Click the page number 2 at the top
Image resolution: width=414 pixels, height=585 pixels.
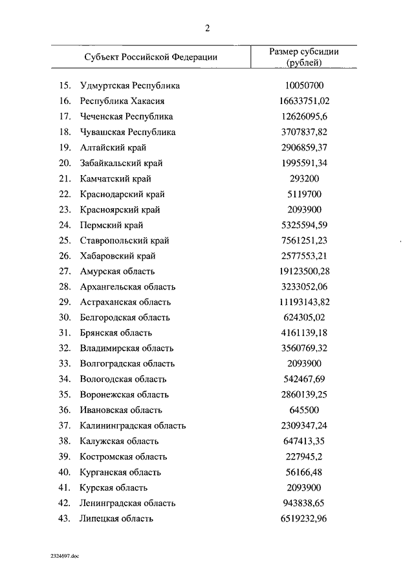pyautogui.click(x=207, y=28)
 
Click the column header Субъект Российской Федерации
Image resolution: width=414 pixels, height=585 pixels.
pyautogui.click(x=150, y=57)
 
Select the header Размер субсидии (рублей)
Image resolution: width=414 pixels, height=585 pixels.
pyautogui.click(x=304, y=57)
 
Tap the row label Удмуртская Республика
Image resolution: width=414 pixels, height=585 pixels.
pyautogui.click(x=129, y=86)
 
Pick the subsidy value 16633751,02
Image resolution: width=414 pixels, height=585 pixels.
pyautogui.click(x=305, y=101)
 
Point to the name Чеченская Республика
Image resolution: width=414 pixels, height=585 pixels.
pyautogui.click(x=126, y=117)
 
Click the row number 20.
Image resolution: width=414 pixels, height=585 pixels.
pyautogui.click(x=64, y=164)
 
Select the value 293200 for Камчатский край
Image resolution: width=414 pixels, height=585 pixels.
pyautogui.click(x=304, y=179)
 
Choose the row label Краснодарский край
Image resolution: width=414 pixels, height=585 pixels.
pyautogui.click(x=122, y=195)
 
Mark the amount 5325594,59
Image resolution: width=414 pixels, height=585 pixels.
pyautogui.click(x=305, y=226)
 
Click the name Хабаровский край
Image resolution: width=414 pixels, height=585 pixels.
pyautogui.click(x=118, y=256)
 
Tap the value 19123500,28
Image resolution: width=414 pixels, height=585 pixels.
pyautogui.click(x=305, y=271)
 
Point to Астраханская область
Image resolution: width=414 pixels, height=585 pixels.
pyautogui.click(x=125, y=302)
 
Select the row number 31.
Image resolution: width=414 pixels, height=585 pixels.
pyautogui.click(x=64, y=333)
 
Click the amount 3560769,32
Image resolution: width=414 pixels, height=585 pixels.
pyautogui.click(x=305, y=348)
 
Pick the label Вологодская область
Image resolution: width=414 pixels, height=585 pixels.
pyautogui.click(x=123, y=379)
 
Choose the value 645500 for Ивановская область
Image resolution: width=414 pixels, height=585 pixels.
pyautogui.click(x=304, y=410)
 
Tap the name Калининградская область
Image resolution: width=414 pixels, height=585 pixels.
pyautogui.click(x=133, y=426)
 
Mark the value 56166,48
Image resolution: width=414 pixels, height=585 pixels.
pyautogui.click(x=305, y=473)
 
